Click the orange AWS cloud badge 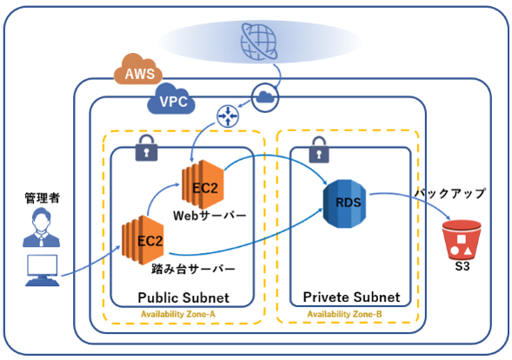coord(138,70)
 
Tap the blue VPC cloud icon coord(171,99)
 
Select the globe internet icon coord(259,41)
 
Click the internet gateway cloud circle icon coord(265,97)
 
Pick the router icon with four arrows coord(228,116)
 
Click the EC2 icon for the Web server coord(203,184)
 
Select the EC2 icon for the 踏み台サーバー coord(143,240)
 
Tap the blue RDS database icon coord(344,203)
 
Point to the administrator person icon coord(41,227)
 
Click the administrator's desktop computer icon coord(43,270)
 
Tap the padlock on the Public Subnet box coord(146,148)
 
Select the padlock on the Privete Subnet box coord(319,150)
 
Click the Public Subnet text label coord(183,297)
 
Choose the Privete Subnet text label coord(351,297)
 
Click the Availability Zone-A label coord(178,314)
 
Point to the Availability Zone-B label coord(344,314)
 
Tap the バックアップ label coord(450,193)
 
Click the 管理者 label coord(43,198)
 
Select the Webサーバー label coord(209,216)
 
